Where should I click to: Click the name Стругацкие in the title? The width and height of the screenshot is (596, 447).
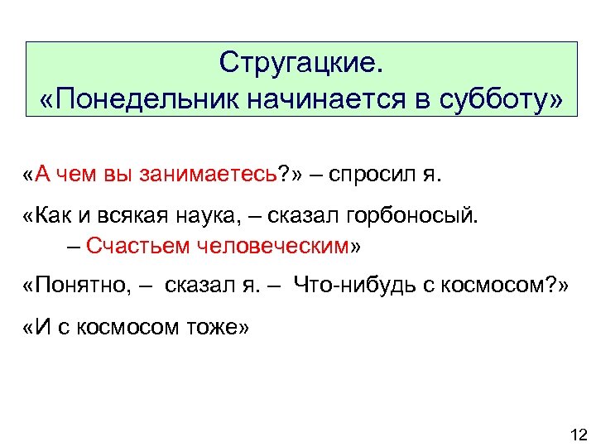(x=297, y=63)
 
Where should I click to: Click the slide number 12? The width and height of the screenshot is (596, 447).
(x=578, y=435)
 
